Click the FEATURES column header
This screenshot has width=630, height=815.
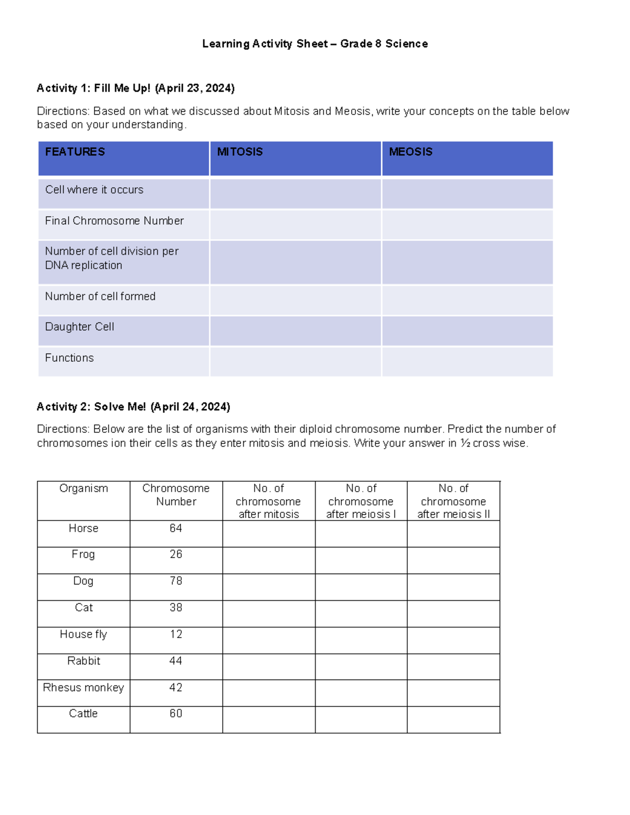75,152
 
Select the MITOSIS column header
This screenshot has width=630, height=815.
240,152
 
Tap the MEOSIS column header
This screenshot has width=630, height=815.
411,152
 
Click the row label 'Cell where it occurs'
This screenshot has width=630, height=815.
94,190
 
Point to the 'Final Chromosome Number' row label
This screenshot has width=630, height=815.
114,221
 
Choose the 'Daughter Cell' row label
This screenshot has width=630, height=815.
80,327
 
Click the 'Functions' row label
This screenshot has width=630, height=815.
69,358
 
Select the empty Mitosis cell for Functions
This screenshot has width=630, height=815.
296,362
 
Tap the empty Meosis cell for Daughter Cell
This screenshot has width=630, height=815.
467,331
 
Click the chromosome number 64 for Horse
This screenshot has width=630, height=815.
176,528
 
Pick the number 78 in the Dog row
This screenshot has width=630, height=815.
176,581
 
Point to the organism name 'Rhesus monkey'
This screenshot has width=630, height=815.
83,687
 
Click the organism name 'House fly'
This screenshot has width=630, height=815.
83,634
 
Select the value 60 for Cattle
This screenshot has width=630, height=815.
176,714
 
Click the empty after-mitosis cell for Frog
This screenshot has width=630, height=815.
269,560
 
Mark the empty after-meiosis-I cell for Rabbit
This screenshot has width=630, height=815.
361,666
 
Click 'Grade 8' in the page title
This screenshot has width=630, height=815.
361,44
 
